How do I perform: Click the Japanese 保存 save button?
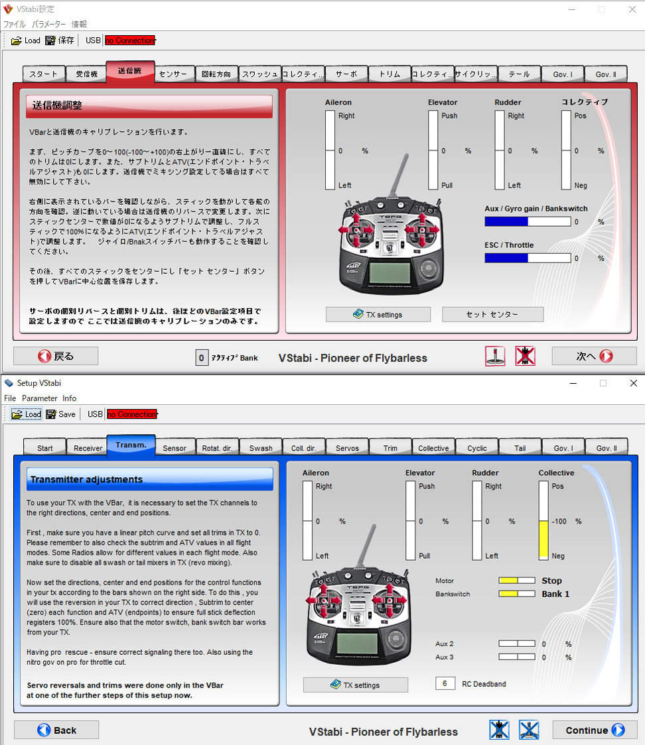[x=60, y=40]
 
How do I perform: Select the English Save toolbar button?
[x=61, y=414]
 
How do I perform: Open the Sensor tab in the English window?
[x=175, y=448]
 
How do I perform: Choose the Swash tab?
[x=261, y=448]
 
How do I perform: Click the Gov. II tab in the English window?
[x=607, y=448]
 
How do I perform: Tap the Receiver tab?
[x=88, y=448]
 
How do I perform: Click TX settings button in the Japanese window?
[x=378, y=315]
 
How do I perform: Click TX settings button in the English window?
[x=356, y=685]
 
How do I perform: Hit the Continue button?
[x=595, y=730]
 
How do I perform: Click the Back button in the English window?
[x=56, y=730]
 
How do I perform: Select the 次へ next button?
[x=594, y=356]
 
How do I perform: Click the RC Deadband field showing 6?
[x=445, y=683]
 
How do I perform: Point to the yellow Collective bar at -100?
[x=543, y=540]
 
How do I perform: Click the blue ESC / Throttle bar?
[x=506, y=258]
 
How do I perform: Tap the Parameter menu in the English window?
[x=39, y=398]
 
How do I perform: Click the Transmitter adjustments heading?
[x=86, y=479]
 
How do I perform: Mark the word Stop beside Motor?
[x=552, y=581]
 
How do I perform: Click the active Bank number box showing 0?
[x=202, y=358]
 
